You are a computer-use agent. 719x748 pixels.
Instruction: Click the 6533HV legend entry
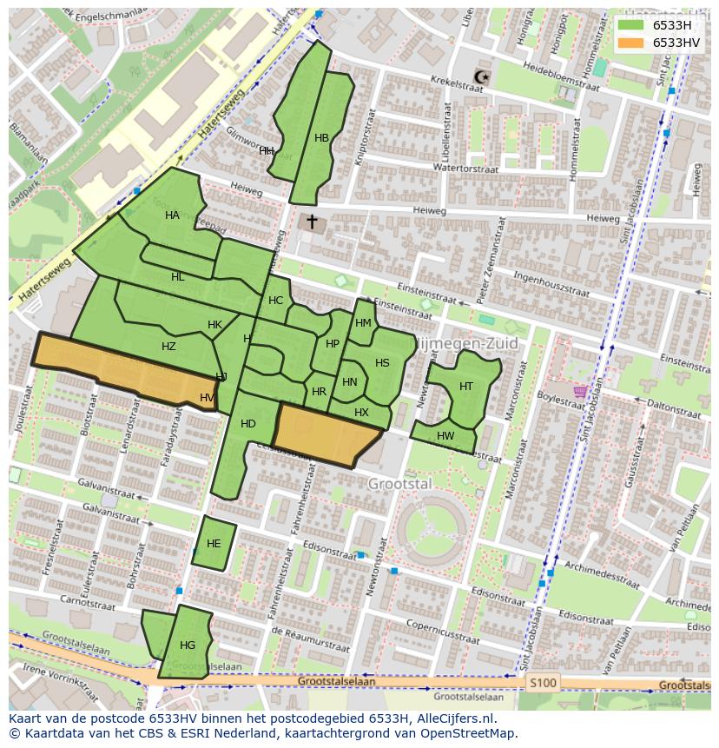(x=676, y=43)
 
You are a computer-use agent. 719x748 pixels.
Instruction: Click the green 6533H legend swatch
(x=631, y=25)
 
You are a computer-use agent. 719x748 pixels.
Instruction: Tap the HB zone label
(x=321, y=138)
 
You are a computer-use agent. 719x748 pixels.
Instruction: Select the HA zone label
(x=172, y=215)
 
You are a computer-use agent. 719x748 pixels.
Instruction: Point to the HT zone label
(x=466, y=387)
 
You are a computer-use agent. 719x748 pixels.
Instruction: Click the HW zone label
(x=445, y=436)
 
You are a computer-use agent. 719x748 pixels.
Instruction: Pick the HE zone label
(x=214, y=544)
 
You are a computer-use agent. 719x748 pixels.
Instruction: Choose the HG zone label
(x=188, y=645)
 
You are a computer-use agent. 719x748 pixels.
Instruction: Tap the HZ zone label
(x=168, y=347)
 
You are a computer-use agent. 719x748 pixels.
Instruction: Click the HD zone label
(x=248, y=424)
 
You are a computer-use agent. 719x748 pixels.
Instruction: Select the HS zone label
(x=382, y=363)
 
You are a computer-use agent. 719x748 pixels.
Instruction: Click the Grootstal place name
(x=399, y=483)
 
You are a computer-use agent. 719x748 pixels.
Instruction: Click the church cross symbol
(x=312, y=222)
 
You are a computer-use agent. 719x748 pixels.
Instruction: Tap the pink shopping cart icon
(x=579, y=392)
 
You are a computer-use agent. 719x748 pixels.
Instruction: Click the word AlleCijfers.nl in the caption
(x=455, y=718)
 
